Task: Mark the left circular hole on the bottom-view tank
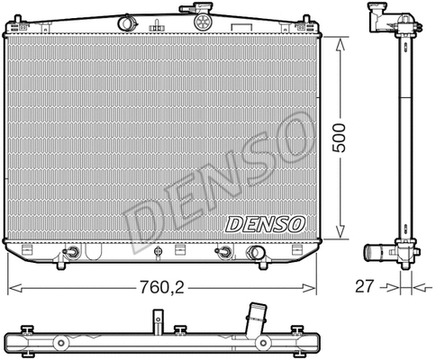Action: click(62, 343)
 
